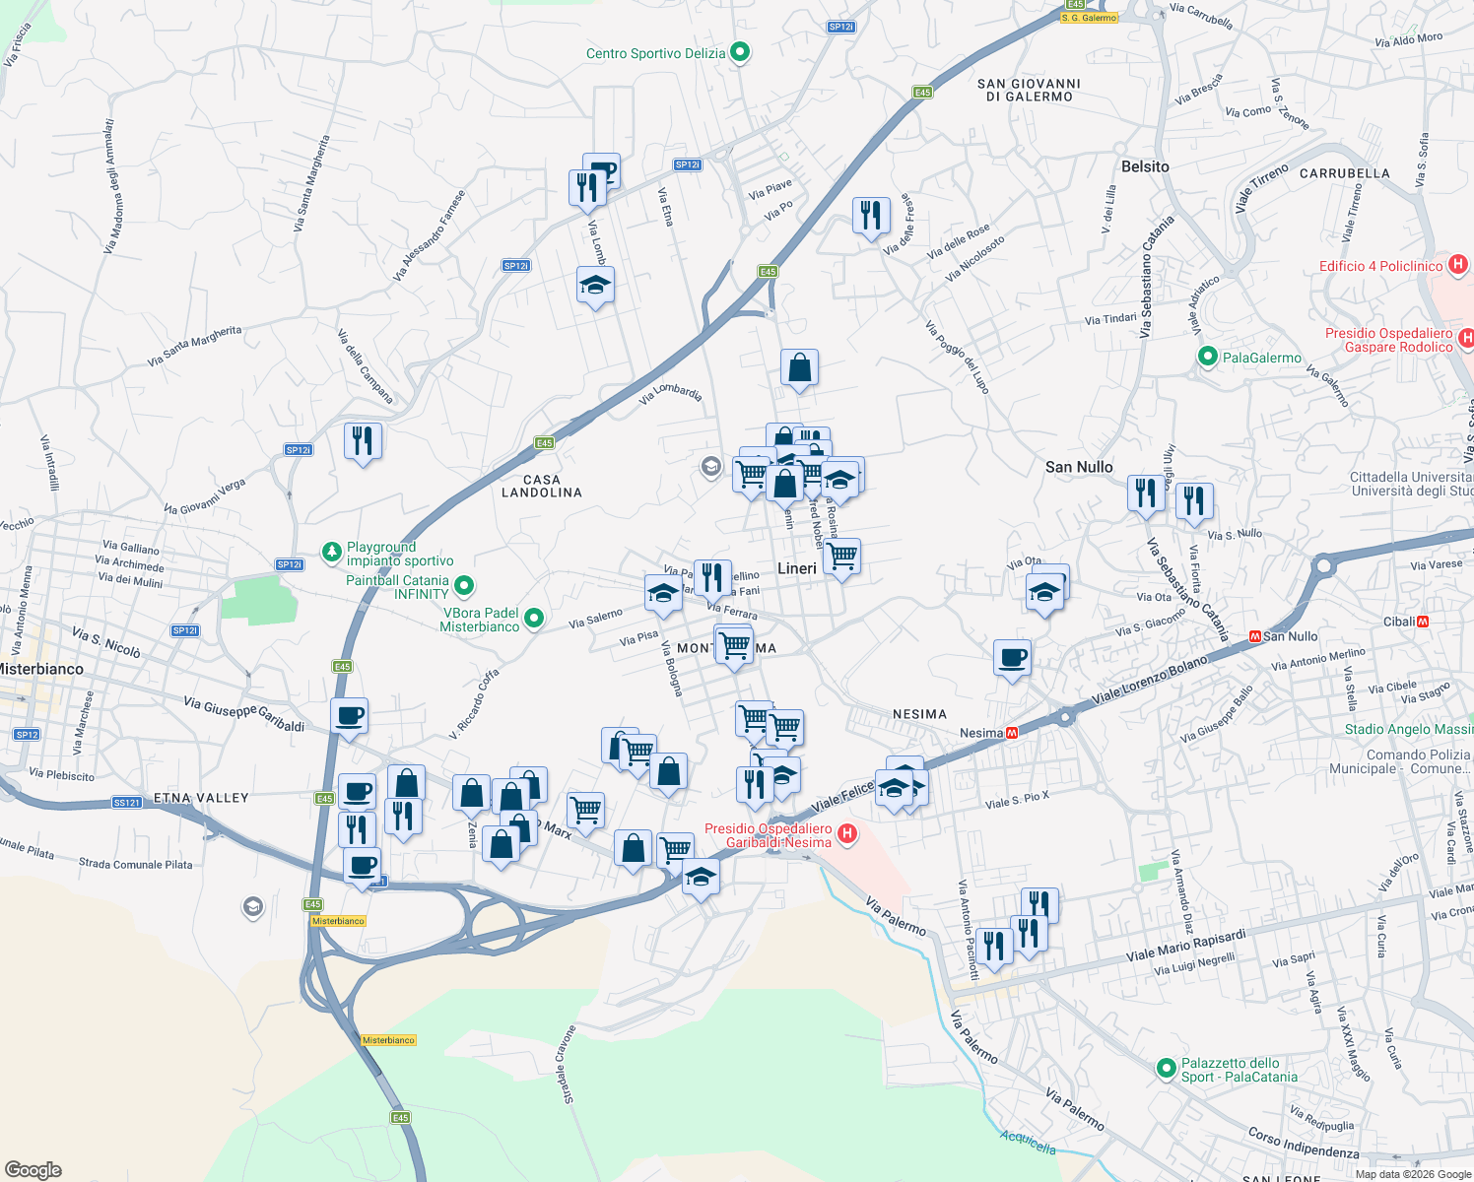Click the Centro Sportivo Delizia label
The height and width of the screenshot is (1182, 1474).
point(655,54)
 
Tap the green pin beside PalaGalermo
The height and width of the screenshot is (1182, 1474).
point(1208,358)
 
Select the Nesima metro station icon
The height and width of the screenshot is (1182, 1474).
point(1011,733)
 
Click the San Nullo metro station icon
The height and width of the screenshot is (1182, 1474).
point(1254,636)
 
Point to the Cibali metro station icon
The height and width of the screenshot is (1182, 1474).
point(1423,622)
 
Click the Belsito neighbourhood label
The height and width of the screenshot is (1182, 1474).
point(1145,166)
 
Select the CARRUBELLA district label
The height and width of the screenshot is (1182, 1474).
point(1344,173)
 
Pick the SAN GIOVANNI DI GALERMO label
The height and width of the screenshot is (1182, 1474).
point(1029,90)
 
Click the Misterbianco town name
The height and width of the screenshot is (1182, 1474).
point(41,669)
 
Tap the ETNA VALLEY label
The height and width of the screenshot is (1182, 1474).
point(201,798)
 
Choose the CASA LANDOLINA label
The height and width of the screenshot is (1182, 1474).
point(542,486)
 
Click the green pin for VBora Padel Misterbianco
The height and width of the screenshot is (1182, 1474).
point(534,619)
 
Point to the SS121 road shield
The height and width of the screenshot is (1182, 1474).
point(126,803)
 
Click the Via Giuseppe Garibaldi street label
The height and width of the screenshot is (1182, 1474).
point(244,713)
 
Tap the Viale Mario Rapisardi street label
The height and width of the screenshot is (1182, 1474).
point(1185,946)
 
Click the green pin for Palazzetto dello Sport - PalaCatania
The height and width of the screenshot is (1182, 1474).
point(1167,1069)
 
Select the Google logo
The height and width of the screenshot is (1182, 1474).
point(33,1169)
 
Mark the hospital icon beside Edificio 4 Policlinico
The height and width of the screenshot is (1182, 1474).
point(1458,265)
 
